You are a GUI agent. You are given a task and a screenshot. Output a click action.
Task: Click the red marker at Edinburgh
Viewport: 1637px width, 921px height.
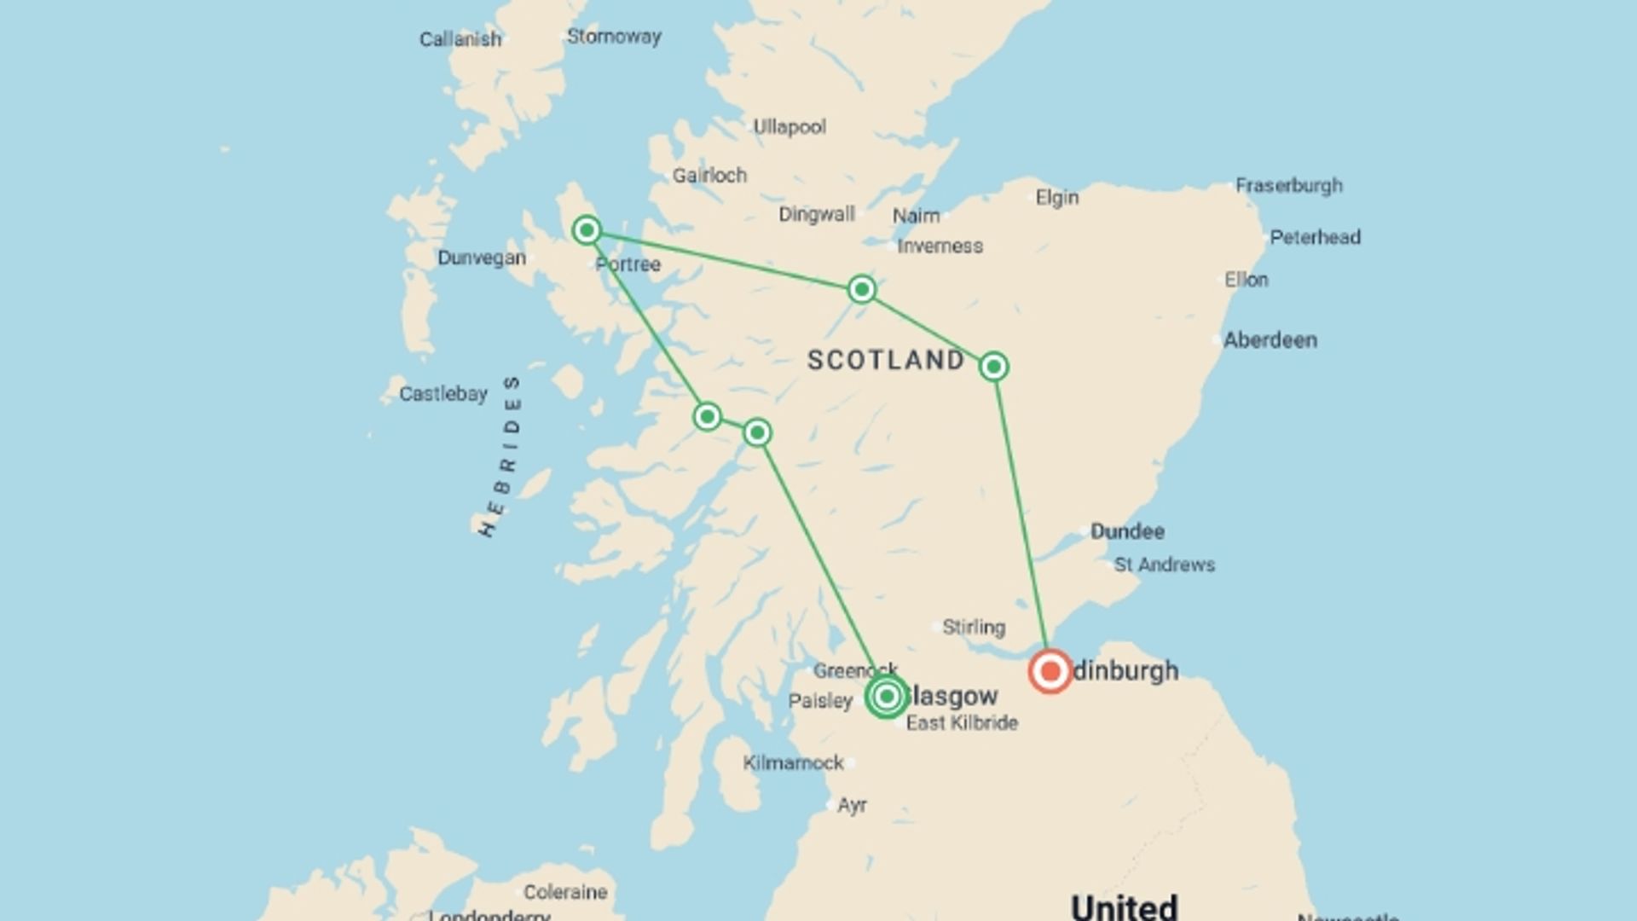[1050, 671]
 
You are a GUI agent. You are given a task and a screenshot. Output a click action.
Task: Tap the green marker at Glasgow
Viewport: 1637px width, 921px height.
[887, 697]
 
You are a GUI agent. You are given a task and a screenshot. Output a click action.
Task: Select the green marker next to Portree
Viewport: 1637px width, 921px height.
[587, 230]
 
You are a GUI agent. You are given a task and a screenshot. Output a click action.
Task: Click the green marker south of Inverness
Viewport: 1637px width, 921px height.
[862, 290]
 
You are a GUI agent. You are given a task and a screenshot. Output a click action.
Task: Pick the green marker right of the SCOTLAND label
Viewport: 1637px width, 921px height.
[993, 367]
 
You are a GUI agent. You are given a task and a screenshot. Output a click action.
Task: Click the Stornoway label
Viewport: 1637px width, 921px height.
[614, 37]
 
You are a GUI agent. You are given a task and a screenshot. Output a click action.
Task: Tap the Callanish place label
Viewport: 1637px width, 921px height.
[460, 39]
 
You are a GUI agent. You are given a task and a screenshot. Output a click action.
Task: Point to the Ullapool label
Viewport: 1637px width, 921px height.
[790, 127]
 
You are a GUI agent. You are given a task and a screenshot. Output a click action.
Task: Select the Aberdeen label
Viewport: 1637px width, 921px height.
[1270, 340]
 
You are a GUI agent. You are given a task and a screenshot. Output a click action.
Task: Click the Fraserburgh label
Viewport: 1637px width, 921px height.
[1289, 185]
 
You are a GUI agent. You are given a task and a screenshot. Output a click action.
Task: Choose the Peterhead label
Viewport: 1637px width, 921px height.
[1315, 237]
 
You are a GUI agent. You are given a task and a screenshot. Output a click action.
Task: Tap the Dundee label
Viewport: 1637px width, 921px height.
[1127, 531]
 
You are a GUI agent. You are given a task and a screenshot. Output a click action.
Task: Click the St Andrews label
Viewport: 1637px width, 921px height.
[1164, 565]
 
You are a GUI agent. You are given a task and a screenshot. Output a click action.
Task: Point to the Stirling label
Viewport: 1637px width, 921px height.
[974, 628]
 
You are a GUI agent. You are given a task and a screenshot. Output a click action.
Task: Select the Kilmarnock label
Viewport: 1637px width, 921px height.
[793, 762]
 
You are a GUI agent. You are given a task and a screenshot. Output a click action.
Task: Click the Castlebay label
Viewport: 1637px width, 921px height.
[443, 394]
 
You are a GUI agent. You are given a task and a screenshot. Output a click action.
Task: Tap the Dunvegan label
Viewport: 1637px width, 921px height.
[482, 258]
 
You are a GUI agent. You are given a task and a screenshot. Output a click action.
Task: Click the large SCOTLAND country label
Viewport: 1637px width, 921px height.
[886, 360]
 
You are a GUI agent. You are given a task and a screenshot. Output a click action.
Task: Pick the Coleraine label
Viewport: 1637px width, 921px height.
[565, 892]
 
